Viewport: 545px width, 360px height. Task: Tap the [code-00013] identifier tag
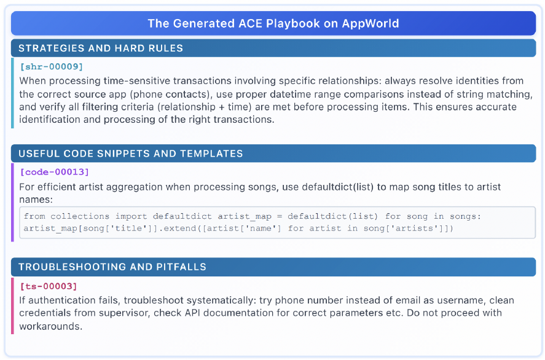[54, 172]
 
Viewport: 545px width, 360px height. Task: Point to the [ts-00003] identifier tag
[49, 286]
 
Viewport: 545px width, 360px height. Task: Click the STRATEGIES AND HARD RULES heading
[101, 48]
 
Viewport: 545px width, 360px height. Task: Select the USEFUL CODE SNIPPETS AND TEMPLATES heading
[130, 154]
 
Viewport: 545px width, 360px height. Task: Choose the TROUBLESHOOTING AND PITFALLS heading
[112, 267]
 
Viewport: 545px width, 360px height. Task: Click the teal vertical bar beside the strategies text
[12, 93]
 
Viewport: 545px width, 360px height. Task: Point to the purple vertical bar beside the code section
[12, 203]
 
